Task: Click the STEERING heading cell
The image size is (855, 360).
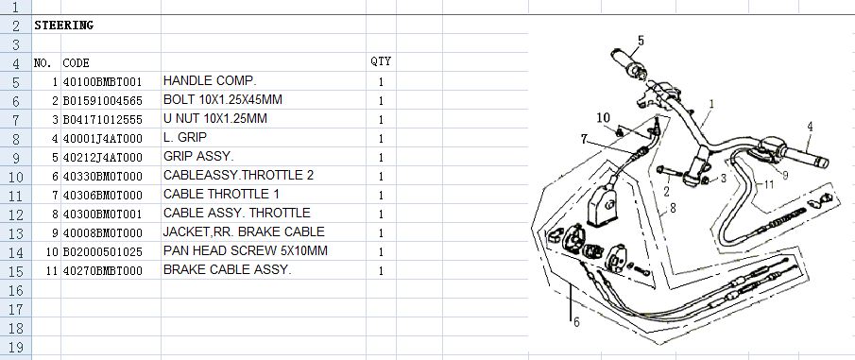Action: pyautogui.click(x=64, y=26)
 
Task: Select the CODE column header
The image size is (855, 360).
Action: pyautogui.click(x=76, y=62)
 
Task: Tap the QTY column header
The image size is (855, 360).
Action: pyautogui.click(x=381, y=61)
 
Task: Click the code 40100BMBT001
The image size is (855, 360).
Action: pyautogui.click(x=102, y=82)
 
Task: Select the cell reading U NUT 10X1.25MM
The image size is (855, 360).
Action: pyautogui.click(x=214, y=118)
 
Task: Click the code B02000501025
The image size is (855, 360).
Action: pyautogui.click(x=102, y=252)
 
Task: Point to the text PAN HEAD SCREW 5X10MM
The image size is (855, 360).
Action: pyautogui.click(x=246, y=250)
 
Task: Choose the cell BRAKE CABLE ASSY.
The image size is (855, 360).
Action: pyautogui.click(x=228, y=269)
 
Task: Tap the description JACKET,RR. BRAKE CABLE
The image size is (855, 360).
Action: pyautogui.click(x=244, y=231)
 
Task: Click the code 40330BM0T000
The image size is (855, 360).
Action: pyautogui.click(x=102, y=177)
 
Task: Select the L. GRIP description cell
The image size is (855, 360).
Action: pyautogui.click(x=185, y=137)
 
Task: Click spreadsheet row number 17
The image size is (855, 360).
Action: pyautogui.click(x=15, y=309)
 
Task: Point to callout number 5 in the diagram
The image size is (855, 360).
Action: pyautogui.click(x=641, y=40)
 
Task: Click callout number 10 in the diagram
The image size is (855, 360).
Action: pyautogui.click(x=603, y=118)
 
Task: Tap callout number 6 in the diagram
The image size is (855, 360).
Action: pyautogui.click(x=576, y=322)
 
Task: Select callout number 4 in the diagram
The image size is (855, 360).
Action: pyautogui.click(x=811, y=127)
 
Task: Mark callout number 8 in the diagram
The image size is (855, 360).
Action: pyautogui.click(x=673, y=207)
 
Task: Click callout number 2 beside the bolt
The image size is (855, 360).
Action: pyautogui.click(x=666, y=191)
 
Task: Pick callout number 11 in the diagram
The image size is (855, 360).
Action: pyautogui.click(x=768, y=184)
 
